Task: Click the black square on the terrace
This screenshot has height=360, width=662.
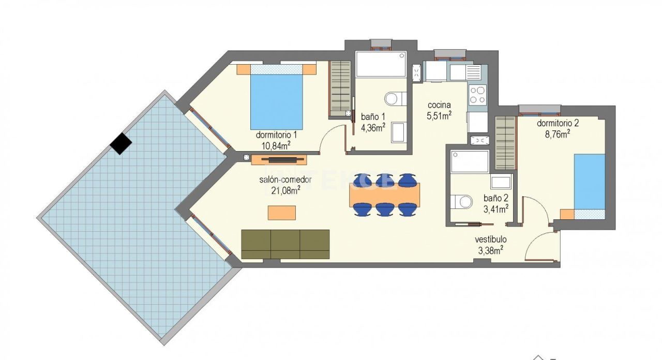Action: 121,143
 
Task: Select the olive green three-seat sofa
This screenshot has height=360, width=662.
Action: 285,244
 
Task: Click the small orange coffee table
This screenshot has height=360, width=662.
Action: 282,213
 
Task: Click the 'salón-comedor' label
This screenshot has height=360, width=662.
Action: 285,180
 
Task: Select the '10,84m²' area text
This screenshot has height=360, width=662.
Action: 276,145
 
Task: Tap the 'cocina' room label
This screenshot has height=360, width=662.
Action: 439,105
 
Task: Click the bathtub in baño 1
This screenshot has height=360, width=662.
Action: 381,64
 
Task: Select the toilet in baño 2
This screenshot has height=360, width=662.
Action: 461,201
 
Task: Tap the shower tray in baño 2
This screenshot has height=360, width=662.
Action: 470,161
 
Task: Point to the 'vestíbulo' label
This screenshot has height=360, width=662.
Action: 491,239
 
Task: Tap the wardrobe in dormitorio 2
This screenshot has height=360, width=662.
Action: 505,143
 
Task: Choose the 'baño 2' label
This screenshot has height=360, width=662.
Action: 495,198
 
